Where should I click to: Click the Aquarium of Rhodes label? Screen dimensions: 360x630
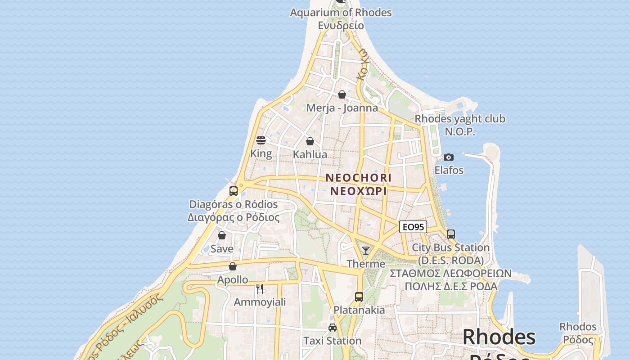(341, 13)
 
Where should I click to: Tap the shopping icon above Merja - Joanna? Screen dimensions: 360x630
(342, 94)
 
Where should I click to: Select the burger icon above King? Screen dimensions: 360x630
(261, 140)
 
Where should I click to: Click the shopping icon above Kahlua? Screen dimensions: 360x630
(310, 141)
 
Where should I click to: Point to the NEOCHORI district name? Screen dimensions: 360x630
(358, 178)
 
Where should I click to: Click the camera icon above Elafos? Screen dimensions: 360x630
(449, 157)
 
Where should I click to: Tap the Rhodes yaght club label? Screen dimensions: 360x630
(459, 119)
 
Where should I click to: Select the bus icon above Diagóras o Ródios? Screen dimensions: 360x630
(233, 191)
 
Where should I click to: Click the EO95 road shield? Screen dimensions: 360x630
(413, 227)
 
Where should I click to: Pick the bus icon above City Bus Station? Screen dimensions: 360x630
(451, 234)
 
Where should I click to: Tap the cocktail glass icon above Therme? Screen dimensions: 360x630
(366, 251)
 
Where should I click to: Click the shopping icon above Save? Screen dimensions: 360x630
(222, 235)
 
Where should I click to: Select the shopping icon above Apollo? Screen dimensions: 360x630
(233, 266)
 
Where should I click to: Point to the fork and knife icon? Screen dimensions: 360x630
(260, 288)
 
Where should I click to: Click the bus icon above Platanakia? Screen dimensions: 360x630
(359, 297)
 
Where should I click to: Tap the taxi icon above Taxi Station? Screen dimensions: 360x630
(333, 328)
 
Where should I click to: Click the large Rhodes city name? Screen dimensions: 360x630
(499, 337)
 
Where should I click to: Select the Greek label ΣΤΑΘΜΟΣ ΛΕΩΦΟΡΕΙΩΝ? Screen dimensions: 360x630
(450, 274)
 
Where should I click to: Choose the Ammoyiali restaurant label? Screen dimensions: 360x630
(260, 302)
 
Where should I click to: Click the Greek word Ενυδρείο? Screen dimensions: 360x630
(341, 26)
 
